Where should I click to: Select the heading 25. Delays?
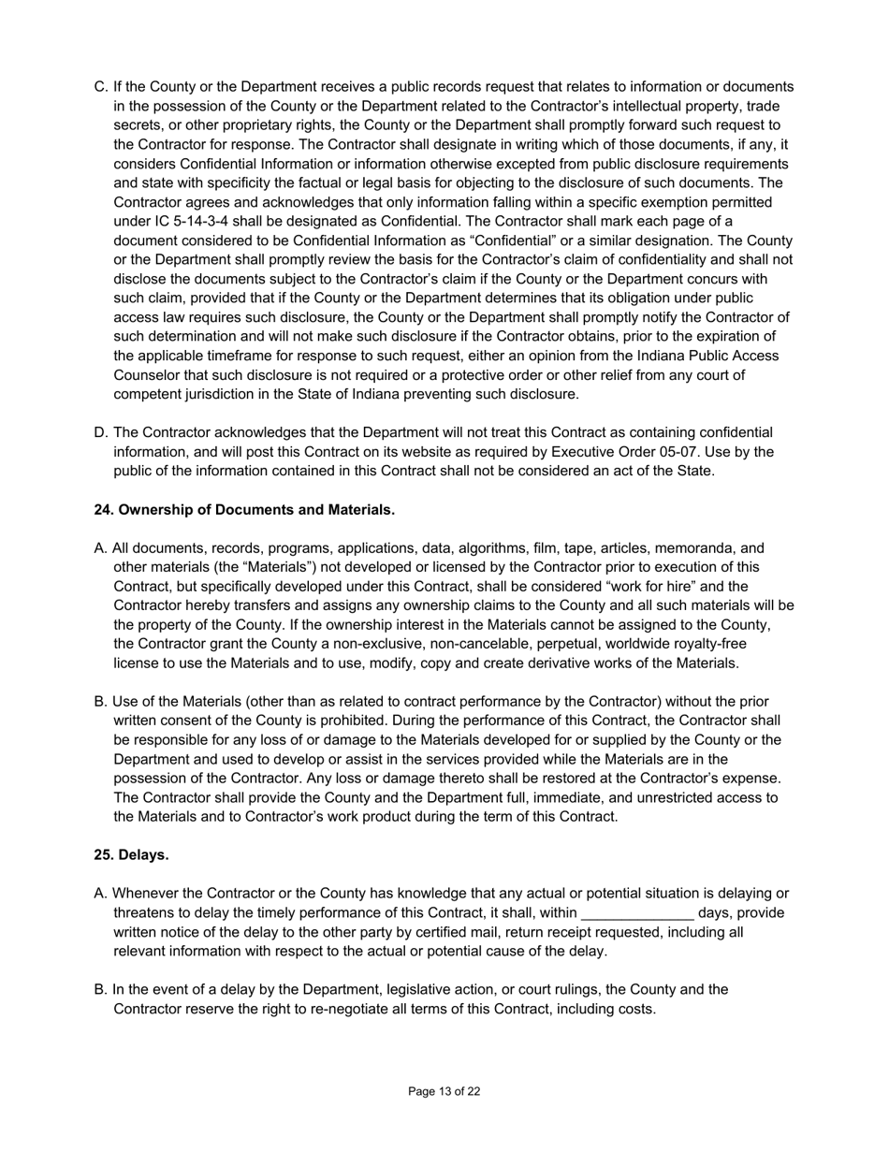(131, 855)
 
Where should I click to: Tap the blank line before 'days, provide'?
(637, 913)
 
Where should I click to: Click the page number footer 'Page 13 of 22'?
(444, 1091)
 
